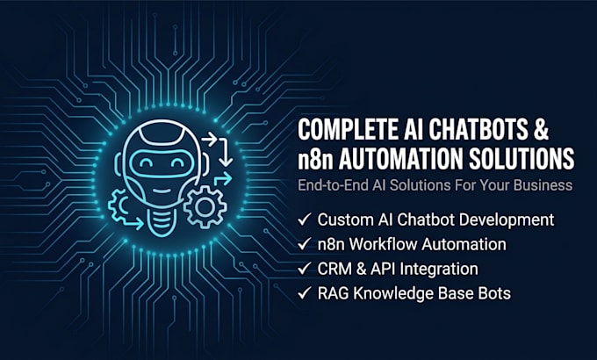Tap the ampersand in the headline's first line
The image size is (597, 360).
542,130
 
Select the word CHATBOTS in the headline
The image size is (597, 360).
478,130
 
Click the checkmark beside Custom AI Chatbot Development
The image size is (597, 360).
305,220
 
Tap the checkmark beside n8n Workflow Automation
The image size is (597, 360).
305,244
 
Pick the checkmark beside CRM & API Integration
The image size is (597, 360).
305,269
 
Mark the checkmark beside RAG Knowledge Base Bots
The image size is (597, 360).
305,293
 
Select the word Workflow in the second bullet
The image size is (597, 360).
383,245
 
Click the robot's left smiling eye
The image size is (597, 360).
146,163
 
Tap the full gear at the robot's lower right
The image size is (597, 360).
205,207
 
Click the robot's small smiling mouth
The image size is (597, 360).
162,191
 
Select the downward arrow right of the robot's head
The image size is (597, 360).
225,153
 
